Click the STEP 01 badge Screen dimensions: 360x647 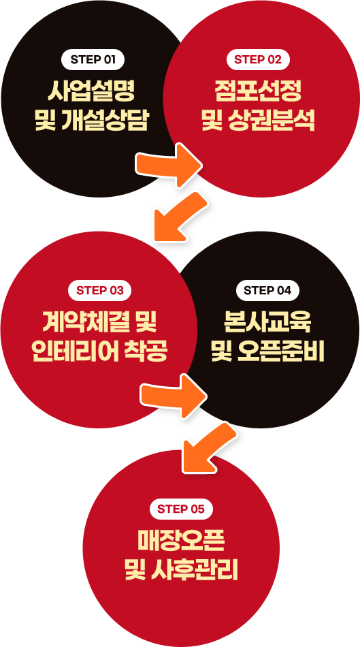(93, 59)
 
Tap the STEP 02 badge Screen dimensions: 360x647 (258, 59)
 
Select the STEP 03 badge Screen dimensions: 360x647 (100, 290)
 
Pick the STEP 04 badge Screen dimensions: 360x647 (267, 290)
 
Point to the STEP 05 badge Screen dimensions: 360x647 (180, 509)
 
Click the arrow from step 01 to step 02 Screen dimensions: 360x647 (169, 165)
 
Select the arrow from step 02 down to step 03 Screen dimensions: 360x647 (180, 216)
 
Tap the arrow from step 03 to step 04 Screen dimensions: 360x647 (174, 395)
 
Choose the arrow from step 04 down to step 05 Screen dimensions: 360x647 (209, 447)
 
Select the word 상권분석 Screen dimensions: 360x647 (271, 120)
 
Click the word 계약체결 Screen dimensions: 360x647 (85, 322)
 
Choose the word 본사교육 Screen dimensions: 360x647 (267, 322)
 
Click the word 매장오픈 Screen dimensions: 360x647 (180, 541)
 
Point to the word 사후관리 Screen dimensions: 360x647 (194, 570)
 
